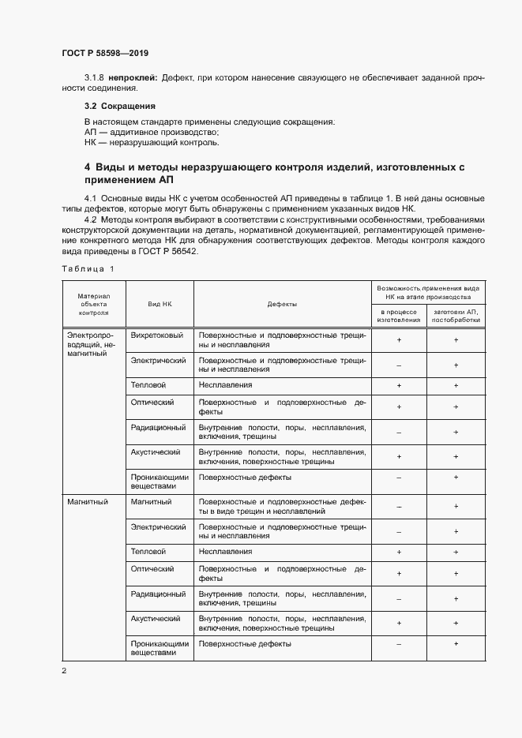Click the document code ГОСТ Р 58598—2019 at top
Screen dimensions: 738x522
click(105, 54)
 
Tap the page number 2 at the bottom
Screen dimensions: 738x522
click(64, 671)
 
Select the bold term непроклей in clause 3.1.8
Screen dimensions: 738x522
click(133, 78)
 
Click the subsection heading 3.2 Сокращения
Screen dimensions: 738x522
click(120, 105)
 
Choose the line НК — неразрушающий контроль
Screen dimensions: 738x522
click(152, 143)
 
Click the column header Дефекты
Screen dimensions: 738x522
click(282, 304)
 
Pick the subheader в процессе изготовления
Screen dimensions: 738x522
click(399, 317)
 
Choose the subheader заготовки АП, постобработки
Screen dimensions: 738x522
click(456, 317)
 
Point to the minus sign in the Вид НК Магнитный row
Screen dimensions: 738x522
click(399, 507)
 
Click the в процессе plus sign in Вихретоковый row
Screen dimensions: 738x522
click(399, 340)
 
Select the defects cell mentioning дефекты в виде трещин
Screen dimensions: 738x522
click(282, 507)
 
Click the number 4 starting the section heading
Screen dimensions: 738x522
click(88, 168)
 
